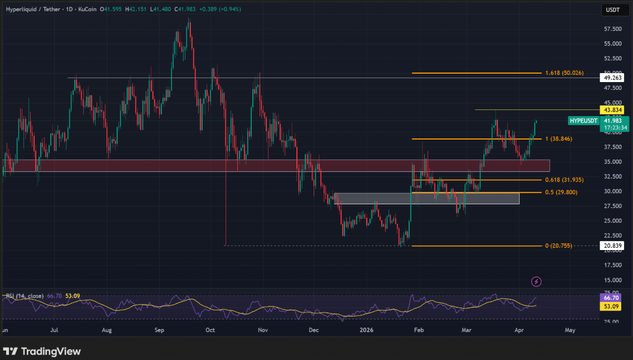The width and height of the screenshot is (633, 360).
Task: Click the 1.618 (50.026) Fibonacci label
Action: (564, 73)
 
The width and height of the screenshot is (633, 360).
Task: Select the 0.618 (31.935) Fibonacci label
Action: (564, 180)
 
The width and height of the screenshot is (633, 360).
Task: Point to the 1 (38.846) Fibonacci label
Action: (558, 138)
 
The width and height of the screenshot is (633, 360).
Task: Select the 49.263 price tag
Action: (613, 78)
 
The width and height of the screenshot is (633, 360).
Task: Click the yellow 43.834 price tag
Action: (613, 109)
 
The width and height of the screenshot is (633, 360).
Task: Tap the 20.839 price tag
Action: (613, 246)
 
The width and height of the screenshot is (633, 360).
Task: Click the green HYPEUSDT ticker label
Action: (583, 121)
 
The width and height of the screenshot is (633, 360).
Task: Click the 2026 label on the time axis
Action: (367, 330)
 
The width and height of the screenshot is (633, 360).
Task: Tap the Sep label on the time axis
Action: (159, 330)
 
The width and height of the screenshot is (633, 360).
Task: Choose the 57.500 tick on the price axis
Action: (613, 29)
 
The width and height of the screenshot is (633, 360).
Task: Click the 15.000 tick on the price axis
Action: (613, 280)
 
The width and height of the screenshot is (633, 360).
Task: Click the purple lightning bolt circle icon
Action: (536, 281)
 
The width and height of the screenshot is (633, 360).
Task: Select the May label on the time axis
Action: (570, 330)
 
